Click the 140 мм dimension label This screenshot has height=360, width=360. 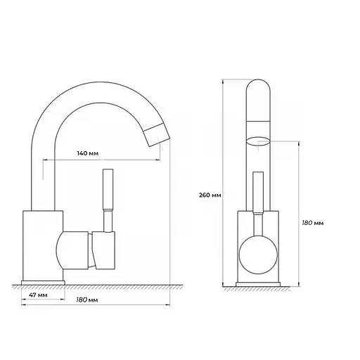coord(88,153)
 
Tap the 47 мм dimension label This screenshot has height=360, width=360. coord(38,295)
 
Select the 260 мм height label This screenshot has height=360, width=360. coord(210,195)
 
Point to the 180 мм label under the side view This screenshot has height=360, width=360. coord(87,300)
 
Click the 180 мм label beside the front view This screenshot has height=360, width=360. coord(313,223)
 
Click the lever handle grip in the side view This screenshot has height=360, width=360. coord(108,189)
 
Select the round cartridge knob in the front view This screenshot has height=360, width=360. coord(258,255)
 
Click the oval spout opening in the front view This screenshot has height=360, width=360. coord(258,141)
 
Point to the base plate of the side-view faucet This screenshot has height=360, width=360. coord(43,283)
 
